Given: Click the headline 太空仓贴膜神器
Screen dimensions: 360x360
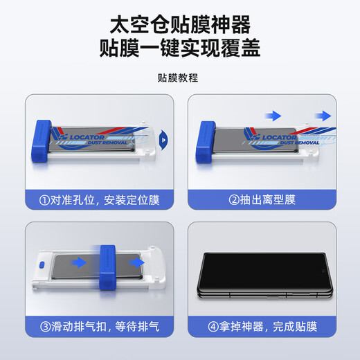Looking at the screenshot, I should click(x=180, y=24).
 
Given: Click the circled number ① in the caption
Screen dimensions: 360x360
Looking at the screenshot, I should click(x=46, y=201).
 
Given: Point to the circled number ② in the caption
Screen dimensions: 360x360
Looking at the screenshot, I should click(x=234, y=201).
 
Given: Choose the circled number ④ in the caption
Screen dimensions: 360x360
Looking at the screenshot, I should click(x=215, y=325).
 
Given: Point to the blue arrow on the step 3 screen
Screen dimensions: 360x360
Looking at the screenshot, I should click(x=81, y=263).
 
